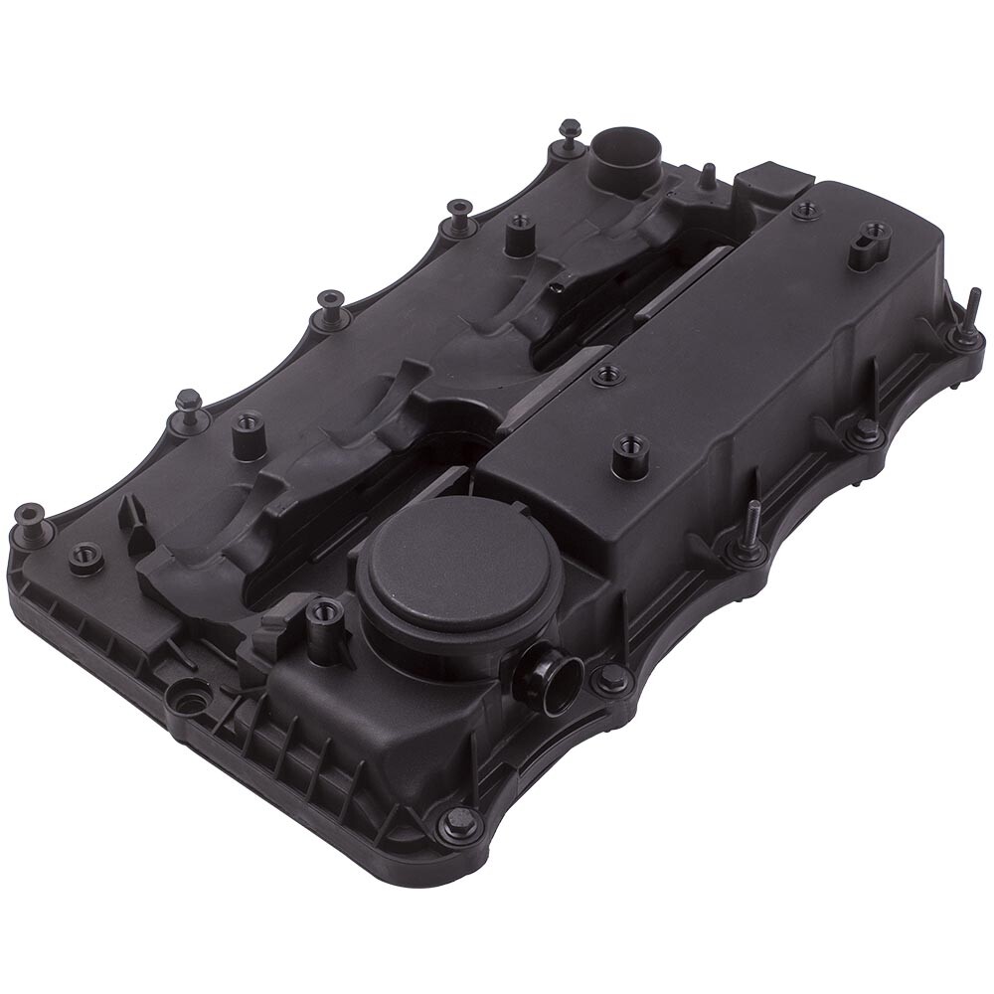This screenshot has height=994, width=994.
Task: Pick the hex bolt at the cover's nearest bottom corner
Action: pos(460,821)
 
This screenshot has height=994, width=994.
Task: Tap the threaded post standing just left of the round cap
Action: pos(323,626)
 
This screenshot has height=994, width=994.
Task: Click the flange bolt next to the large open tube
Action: pos(570,136)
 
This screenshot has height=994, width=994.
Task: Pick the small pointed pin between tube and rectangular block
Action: pos(706,176)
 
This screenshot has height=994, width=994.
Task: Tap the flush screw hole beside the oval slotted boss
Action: pos(805,211)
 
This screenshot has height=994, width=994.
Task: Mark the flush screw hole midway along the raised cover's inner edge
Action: pos(607,376)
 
